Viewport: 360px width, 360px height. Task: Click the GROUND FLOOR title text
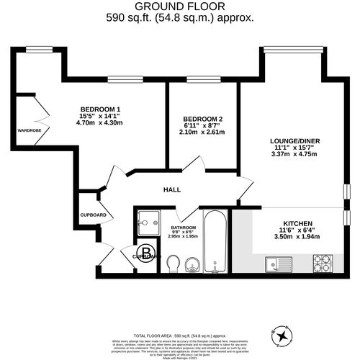pyautogui.click(x=180, y=6)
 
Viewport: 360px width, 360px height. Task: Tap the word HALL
pyautogui.click(x=171, y=190)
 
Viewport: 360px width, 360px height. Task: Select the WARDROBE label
pyautogui.click(x=30, y=130)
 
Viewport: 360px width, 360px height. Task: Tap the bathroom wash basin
pyautogui.click(x=193, y=266)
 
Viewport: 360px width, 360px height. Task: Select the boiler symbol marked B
pyautogui.click(x=146, y=254)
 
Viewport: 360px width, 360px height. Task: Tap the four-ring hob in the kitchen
pyautogui.click(x=321, y=262)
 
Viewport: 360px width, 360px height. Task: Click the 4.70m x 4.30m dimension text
pyautogui.click(x=101, y=122)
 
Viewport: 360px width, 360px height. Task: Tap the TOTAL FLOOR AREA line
pyautogui.click(x=180, y=315)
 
